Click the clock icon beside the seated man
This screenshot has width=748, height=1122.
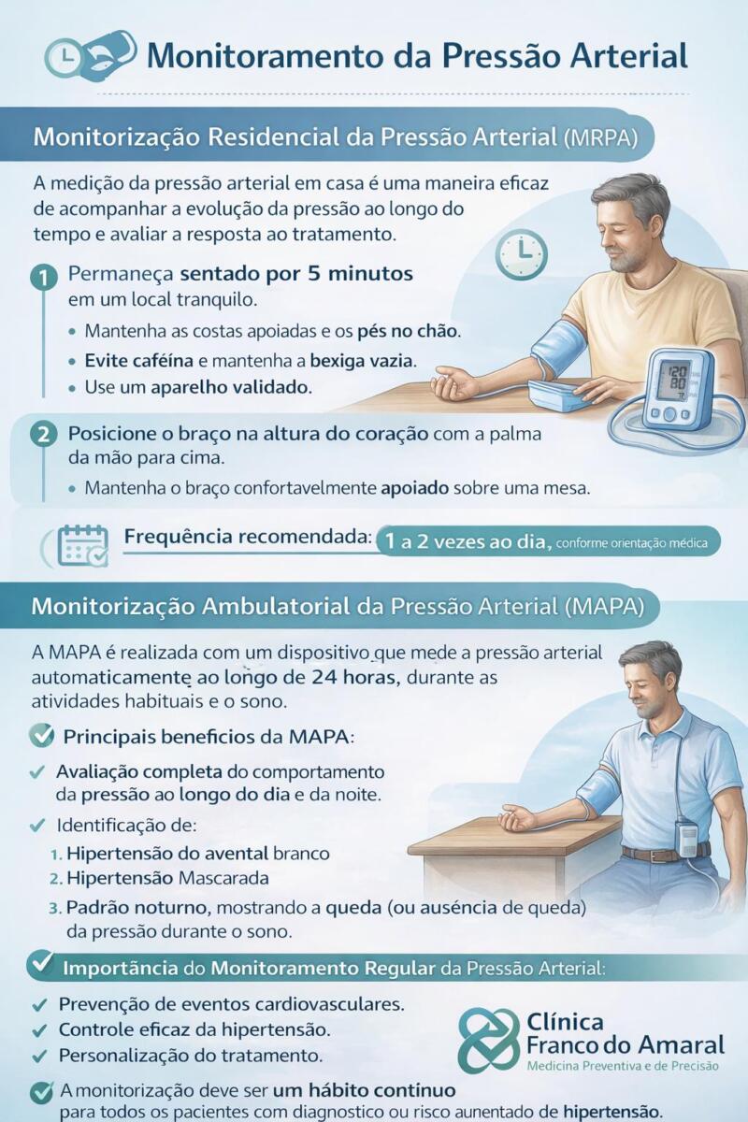pos(521,254)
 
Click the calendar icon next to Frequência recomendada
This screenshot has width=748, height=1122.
pos(82,544)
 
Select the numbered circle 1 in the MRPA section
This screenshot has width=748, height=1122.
pos(43,277)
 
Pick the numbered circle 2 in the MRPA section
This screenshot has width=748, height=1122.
pos(43,435)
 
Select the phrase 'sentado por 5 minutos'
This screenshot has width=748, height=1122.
pos(295,276)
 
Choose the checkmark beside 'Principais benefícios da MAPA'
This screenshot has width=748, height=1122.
pos(41,736)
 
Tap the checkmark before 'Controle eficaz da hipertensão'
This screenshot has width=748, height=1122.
pos(39,1030)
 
